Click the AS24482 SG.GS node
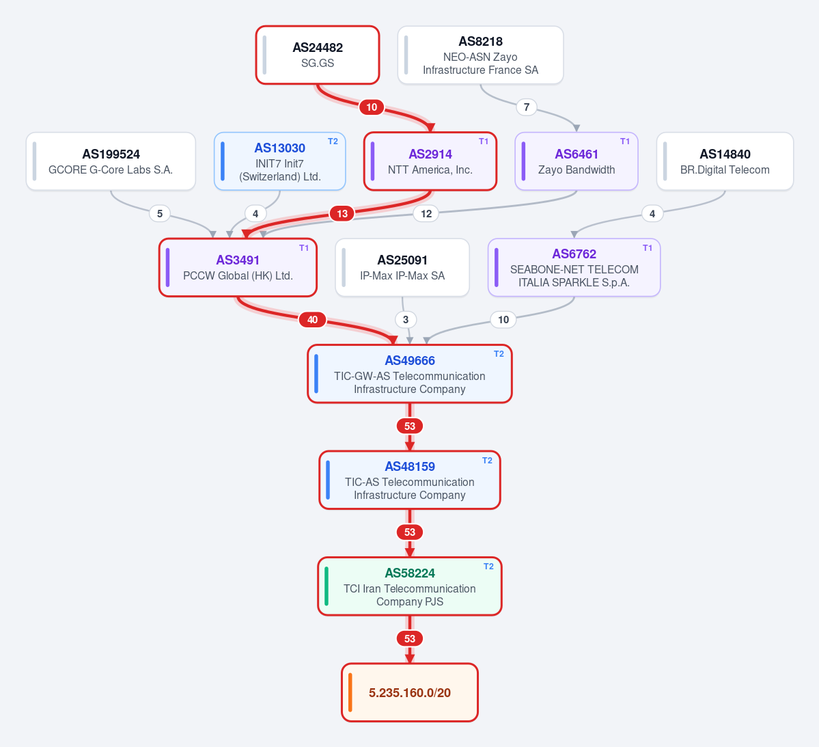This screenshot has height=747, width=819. click(318, 55)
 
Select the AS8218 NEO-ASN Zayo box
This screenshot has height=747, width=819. click(480, 55)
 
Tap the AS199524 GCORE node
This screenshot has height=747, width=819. click(111, 161)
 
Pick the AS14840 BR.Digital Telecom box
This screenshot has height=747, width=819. click(725, 161)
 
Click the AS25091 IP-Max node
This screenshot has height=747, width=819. click(402, 268)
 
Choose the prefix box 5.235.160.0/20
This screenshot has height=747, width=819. click(410, 692)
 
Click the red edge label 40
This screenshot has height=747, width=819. click(312, 319)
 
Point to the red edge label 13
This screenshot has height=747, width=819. click(342, 213)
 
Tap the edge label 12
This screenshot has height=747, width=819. click(426, 213)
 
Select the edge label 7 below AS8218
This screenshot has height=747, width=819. click(527, 107)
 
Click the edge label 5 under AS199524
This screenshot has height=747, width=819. click(160, 213)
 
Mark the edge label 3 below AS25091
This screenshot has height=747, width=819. click(406, 319)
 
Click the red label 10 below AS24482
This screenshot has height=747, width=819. click(372, 107)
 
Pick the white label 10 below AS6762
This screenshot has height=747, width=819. click(503, 319)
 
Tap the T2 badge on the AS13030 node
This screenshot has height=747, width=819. click(333, 141)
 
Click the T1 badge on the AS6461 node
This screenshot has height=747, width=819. click(625, 141)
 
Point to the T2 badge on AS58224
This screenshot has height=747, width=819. click(488, 566)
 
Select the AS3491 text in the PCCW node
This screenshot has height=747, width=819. click(238, 260)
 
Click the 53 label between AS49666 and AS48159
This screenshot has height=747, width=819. click(410, 426)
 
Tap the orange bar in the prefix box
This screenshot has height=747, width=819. click(350, 692)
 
